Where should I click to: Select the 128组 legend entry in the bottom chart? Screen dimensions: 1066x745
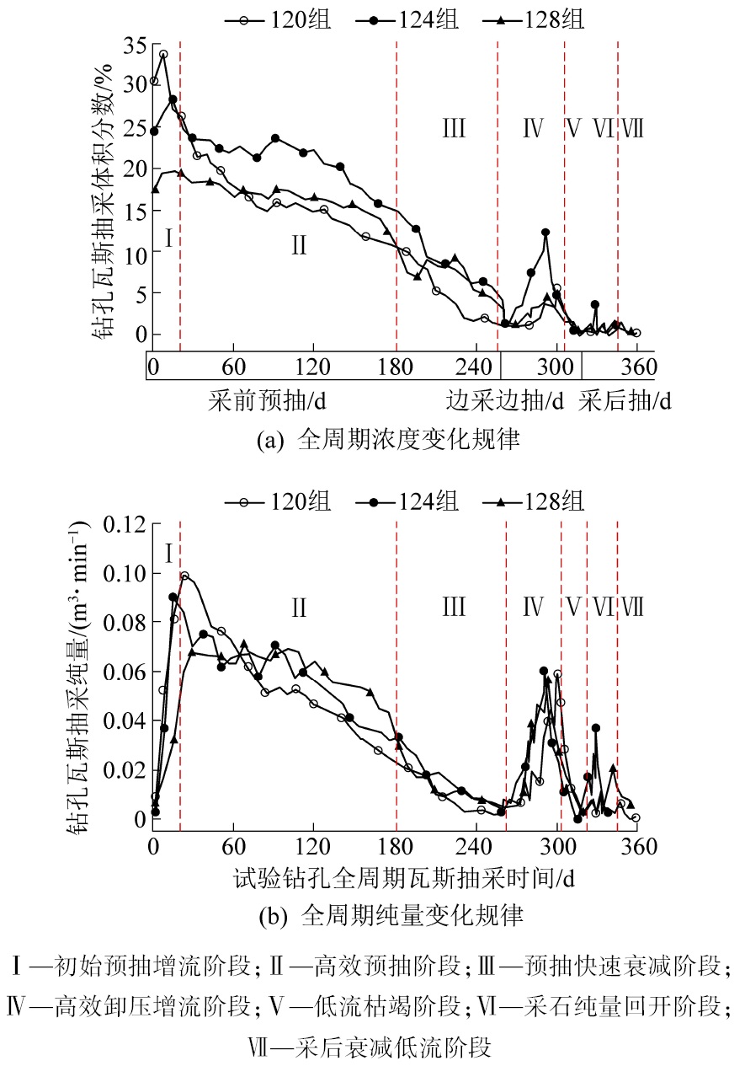538,502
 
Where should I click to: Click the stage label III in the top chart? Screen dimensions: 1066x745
453,129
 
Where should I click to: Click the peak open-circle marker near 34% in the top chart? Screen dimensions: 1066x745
163,54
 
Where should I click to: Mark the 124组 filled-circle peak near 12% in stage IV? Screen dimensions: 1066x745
545,232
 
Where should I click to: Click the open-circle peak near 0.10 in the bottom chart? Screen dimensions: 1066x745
184,576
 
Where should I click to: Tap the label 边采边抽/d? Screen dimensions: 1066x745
504,402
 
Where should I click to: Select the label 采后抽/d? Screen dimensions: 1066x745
625,402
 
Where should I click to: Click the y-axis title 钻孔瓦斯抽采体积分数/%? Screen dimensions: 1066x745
105,190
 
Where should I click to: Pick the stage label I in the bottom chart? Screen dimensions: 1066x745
168,554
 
